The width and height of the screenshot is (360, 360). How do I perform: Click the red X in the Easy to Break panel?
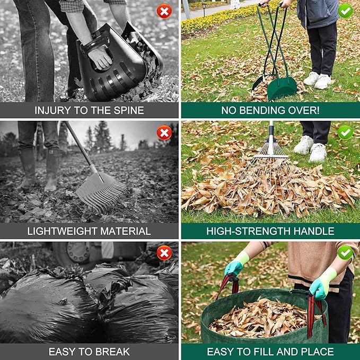click(164, 253)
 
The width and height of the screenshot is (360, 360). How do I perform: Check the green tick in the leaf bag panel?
click(345, 253)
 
